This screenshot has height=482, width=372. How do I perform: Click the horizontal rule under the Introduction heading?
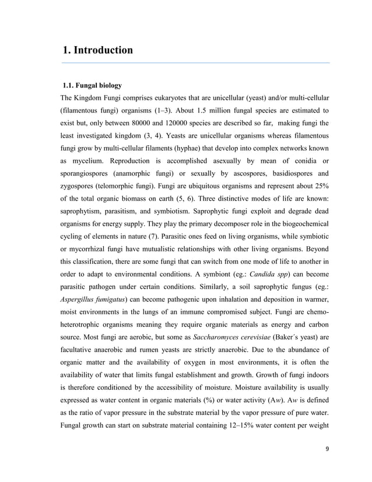[x=196, y=62]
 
